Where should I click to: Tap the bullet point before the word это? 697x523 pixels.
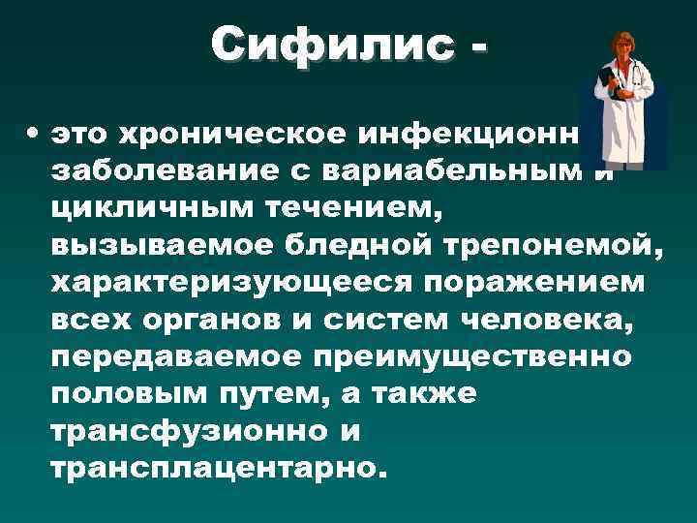pos(33,130)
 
